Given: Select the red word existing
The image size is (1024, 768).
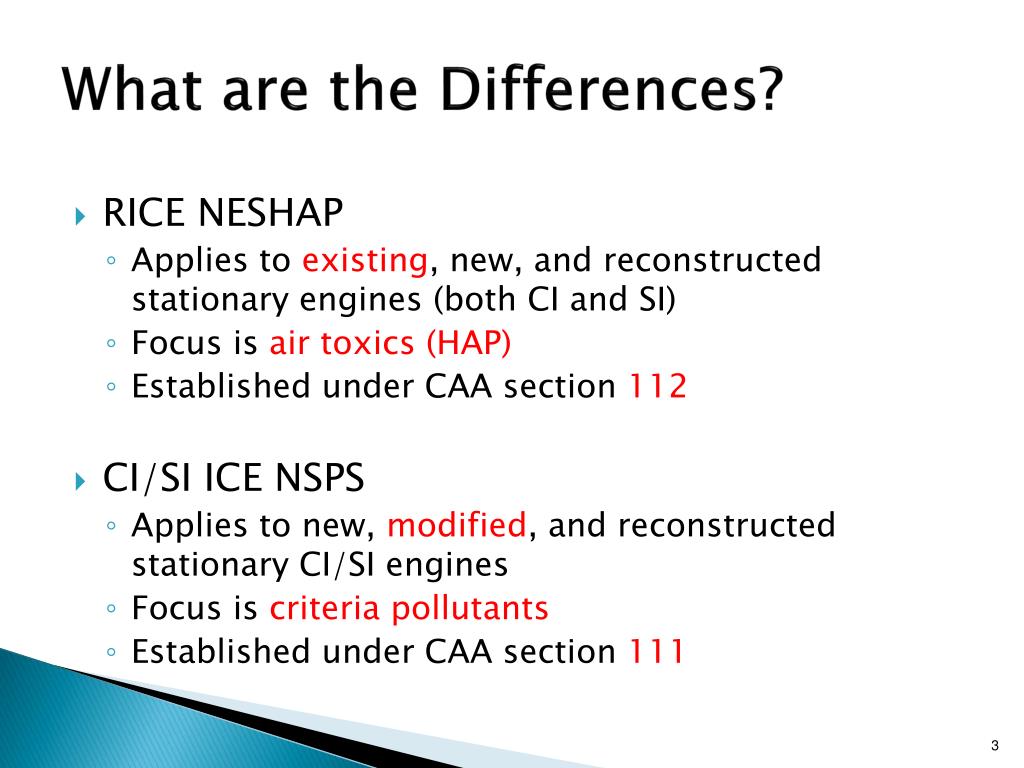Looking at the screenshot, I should click(365, 261).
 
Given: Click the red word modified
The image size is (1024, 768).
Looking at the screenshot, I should click(456, 525).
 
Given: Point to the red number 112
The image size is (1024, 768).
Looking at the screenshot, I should click(657, 387).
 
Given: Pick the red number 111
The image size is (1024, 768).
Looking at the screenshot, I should click(657, 651).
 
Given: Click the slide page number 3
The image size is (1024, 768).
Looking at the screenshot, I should click(996, 744).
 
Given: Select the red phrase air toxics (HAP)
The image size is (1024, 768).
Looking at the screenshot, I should click(390, 344).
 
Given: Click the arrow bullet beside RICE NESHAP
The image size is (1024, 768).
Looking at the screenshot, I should click(81, 215).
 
